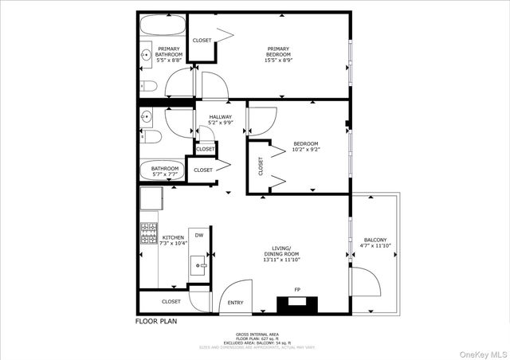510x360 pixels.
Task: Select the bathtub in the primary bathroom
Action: pyautogui.click(x=162, y=26)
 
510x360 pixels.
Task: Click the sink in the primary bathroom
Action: pyautogui.click(x=147, y=55)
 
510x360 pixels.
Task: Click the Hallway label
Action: pyautogui.click(x=221, y=119)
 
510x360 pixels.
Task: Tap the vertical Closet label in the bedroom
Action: pyautogui.click(x=260, y=166)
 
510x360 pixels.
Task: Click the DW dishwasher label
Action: pyautogui.click(x=199, y=235)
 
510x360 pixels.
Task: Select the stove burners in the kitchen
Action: pyautogui.click(x=148, y=234)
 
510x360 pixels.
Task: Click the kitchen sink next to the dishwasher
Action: pyautogui.click(x=199, y=262)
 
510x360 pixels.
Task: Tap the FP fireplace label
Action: pyautogui.click(x=297, y=289)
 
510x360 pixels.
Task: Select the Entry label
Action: pyautogui.click(x=236, y=303)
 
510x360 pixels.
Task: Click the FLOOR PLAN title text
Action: pyautogui.click(x=156, y=322)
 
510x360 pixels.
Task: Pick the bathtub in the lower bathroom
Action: pyautogui.click(x=162, y=169)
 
